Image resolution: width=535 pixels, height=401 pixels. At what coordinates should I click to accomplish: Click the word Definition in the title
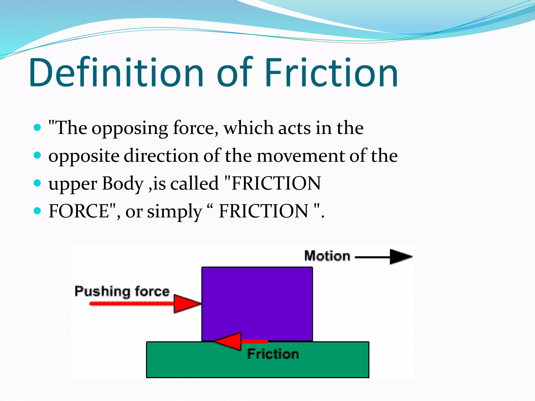(116, 72)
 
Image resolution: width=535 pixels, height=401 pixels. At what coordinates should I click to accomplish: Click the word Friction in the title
(331, 72)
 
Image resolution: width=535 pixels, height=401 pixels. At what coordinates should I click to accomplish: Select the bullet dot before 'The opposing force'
(38, 128)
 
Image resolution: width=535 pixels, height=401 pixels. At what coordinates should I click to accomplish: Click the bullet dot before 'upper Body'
(38, 183)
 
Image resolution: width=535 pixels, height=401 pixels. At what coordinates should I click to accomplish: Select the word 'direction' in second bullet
(161, 156)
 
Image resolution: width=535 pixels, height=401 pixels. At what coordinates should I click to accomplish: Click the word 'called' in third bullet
(194, 183)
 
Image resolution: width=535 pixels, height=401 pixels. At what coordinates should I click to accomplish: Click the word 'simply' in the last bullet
(175, 212)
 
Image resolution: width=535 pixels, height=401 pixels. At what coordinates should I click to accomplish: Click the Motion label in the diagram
(327, 256)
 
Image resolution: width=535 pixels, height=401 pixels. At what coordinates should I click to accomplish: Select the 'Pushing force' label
(122, 291)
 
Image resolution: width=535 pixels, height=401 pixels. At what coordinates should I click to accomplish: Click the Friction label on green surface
(273, 354)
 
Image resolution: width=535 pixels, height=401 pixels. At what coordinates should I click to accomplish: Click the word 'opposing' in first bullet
(130, 129)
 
